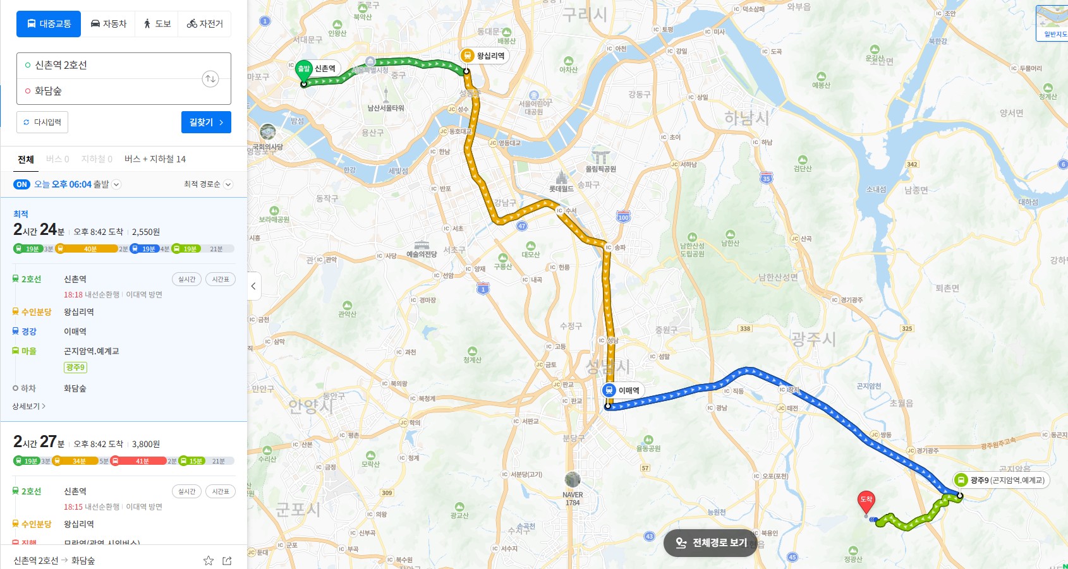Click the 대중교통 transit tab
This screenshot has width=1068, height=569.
49,24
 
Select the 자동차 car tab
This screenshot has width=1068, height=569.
109,24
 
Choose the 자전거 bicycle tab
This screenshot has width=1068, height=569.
205,24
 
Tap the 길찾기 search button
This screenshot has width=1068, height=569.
206,123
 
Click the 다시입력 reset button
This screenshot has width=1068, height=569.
42,123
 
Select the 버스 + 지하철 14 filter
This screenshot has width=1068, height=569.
155,159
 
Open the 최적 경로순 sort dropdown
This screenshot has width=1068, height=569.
208,184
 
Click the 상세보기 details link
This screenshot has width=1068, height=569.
29,406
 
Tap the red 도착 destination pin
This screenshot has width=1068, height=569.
866,501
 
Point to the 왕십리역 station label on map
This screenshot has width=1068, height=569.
490,56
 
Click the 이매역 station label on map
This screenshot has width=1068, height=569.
628,390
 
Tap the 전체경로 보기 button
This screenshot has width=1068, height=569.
711,542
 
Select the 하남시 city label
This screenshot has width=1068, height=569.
746,117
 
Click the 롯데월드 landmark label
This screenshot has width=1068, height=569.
561,188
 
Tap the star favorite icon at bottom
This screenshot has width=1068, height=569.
208,560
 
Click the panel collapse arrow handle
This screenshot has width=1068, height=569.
253,286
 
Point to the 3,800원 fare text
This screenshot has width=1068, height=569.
146,444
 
